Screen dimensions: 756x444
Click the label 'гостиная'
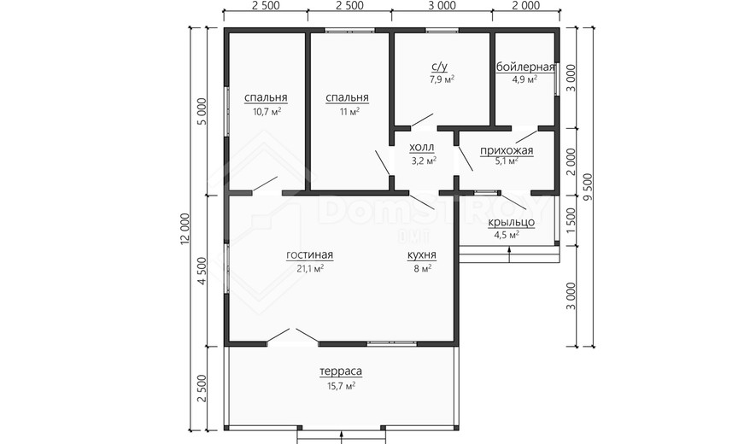coord(309,255)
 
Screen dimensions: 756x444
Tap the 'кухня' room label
coord(422,255)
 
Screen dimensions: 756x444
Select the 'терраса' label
coord(341,371)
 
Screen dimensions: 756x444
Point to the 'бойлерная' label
coord(525,67)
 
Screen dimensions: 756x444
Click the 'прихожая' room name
coord(507,151)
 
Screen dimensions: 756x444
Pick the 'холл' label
coord(422,147)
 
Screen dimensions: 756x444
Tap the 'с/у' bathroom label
coord(440,67)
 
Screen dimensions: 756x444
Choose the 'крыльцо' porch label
coord(512,222)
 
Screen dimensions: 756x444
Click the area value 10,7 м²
coord(267,112)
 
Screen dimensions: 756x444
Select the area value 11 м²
coord(349,112)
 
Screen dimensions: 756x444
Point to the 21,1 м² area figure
coord(310,268)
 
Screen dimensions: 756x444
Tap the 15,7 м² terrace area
coord(342,386)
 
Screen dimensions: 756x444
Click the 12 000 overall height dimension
coord(185,229)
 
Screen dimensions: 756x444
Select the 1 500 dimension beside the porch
coord(571,221)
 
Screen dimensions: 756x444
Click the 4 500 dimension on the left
coord(202,271)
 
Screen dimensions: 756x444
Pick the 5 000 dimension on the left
coord(202,112)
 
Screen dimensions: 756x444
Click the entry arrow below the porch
coord(510,255)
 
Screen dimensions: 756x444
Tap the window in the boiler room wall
coord(557,79)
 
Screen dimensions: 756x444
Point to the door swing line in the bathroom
coord(422,120)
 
